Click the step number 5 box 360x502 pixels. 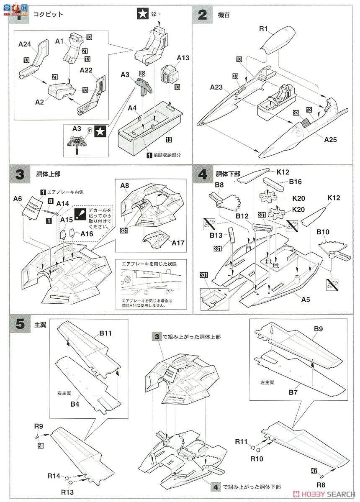[x=20, y=325]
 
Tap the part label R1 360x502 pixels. [x=263, y=29]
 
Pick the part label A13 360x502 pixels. [x=183, y=58]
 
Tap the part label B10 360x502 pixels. [x=323, y=232]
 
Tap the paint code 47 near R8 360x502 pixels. [x=314, y=471]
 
